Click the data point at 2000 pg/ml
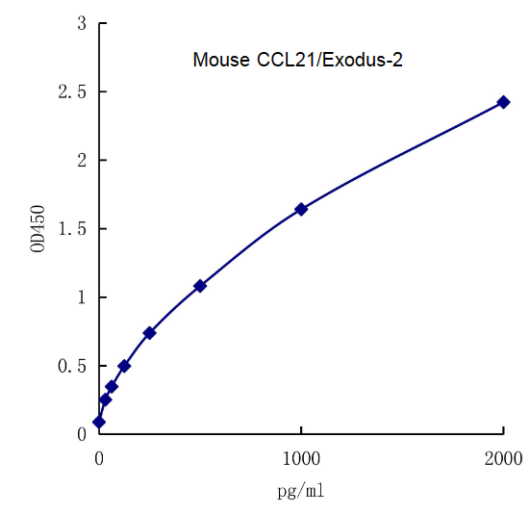[503, 102]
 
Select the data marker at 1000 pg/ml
[301, 209]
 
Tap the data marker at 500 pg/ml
[200, 286]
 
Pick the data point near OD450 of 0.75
[149, 333]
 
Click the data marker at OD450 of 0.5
[124, 366]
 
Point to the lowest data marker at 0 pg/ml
[99, 422]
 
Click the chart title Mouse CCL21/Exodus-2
[297, 61]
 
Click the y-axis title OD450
[38, 228]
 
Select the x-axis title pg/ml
[300, 491]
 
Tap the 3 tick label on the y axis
[82, 23]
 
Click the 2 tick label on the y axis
[82, 160]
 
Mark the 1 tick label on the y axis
[82, 297]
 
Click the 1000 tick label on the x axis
[301, 460]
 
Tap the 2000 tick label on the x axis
[503, 460]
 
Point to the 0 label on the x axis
[99, 460]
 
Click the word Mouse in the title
[221, 61]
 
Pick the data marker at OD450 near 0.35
[112, 386]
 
